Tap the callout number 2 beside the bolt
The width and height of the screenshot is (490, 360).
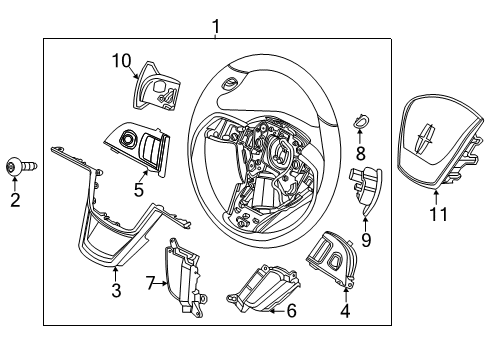[x=14, y=201]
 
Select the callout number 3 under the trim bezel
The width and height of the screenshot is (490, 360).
[x=116, y=290]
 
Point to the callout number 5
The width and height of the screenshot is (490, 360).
[x=139, y=186]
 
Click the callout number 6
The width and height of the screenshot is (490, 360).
[x=291, y=311]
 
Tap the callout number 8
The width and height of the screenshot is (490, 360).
[x=361, y=154]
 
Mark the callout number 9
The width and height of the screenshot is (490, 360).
[x=366, y=241]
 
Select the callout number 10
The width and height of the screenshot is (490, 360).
[x=121, y=62]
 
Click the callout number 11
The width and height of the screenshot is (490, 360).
[x=437, y=213]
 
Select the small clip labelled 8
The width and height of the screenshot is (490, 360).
[x=361, y=121]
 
